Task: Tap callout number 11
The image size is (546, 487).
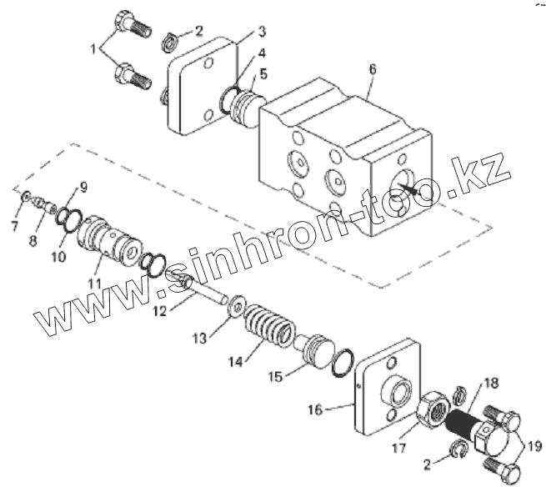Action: click(95, 284)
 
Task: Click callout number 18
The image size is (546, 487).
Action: click(490, 384)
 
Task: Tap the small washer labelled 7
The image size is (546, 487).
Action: click(27, 197)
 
